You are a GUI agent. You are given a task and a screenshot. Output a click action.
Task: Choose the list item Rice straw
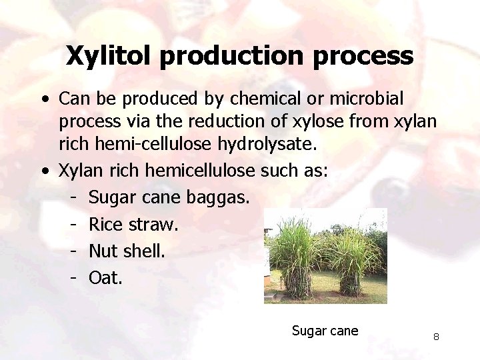[133, 224]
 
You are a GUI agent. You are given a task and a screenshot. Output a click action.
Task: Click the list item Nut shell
[126, 251]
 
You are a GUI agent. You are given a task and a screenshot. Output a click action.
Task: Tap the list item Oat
[105, 277]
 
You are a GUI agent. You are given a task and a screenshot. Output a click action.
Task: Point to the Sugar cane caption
[325, 331]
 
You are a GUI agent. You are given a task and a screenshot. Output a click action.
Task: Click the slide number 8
[436, 337]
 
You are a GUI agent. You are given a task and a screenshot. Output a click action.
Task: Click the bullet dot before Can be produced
[44, 99]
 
